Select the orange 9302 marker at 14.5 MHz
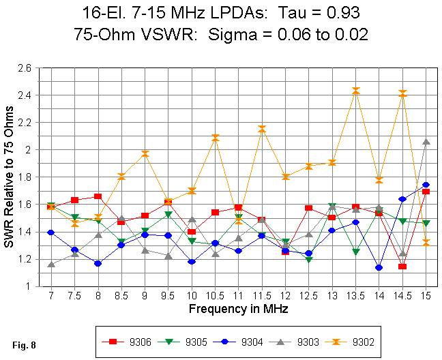coord(402,93)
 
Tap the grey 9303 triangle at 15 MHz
coord(426,141)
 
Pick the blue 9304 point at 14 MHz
coord(379,267)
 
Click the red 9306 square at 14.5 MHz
coord(402,266)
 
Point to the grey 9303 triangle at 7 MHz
coord(51,264)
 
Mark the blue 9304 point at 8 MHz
coord(98,263)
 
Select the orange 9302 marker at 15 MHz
coord(426,242)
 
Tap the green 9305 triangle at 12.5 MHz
coord(309,260)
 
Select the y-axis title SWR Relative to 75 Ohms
coord(9,177)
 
